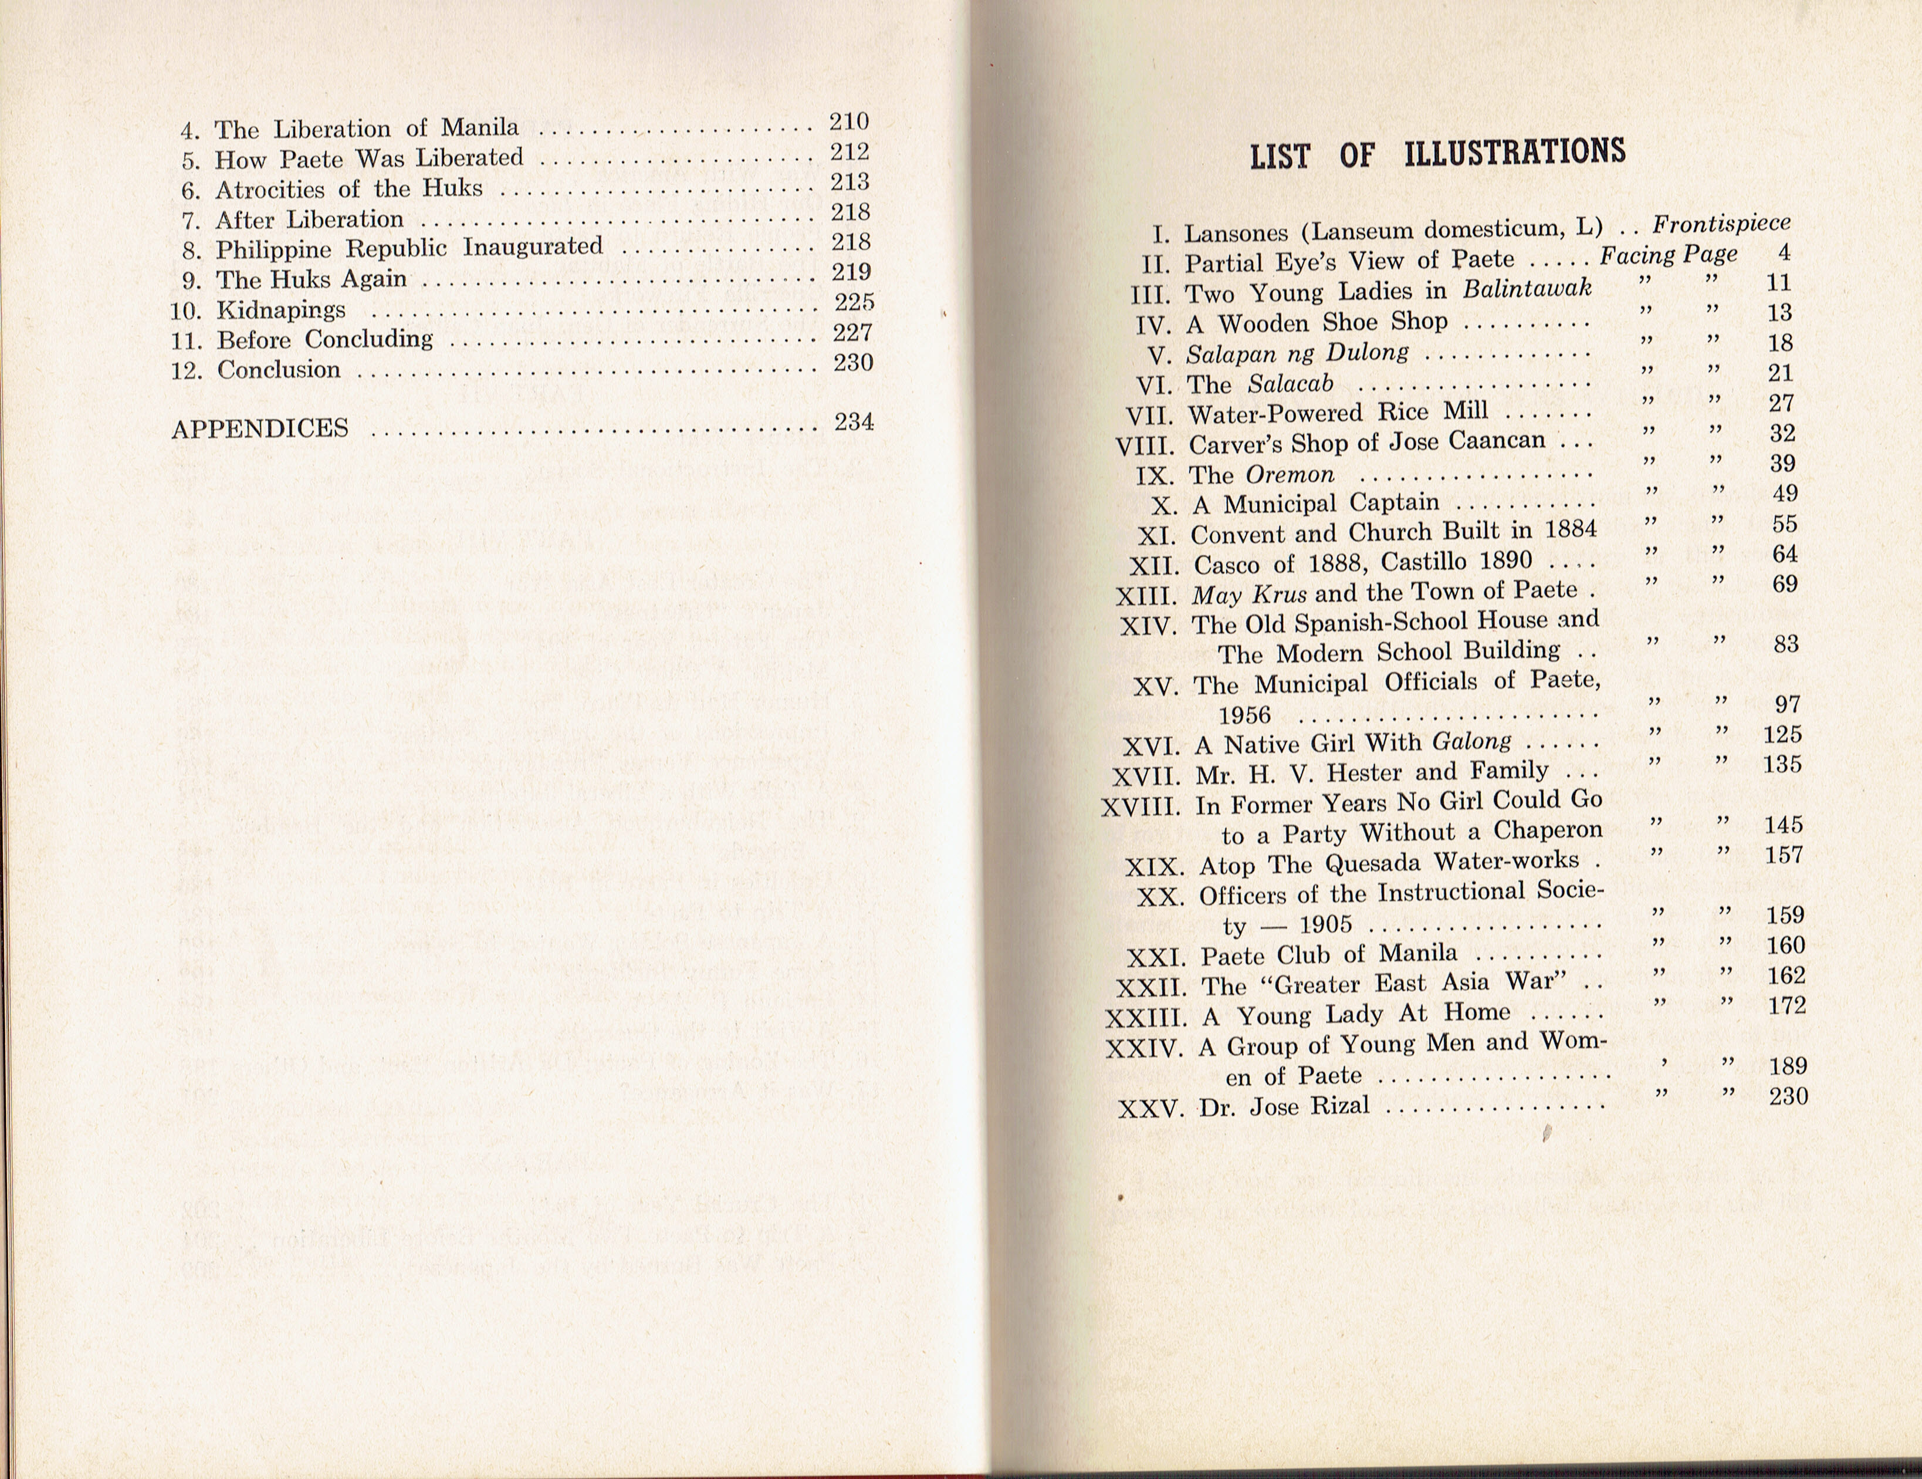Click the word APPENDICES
(260, 428)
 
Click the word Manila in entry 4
(480, 128)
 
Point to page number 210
(848, 121)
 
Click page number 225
(854, 302)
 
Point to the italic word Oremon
(1290, 474)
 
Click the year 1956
(1244, 715)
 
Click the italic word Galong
(1473, 741)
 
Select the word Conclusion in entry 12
(279, 370)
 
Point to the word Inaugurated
(533, 246)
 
